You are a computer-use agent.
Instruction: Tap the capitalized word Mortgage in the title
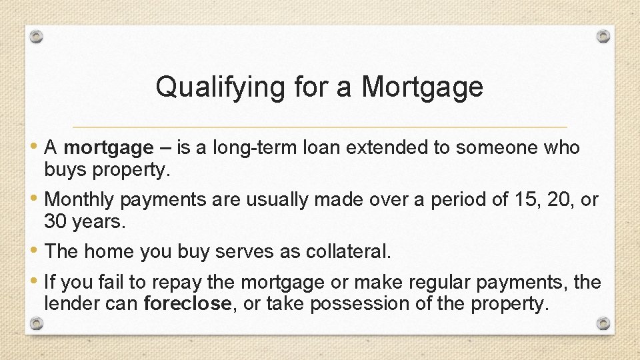tap(422, 87)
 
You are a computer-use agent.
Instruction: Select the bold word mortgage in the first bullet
tap(108, 147)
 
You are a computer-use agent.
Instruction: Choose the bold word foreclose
tap(187, 303)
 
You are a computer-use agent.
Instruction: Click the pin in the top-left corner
tap(37, 37)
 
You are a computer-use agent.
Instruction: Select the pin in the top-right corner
tap(603, 36)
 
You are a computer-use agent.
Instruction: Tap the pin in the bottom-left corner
tap(37, 324)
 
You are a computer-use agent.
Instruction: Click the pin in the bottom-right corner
tap(603, 323)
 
